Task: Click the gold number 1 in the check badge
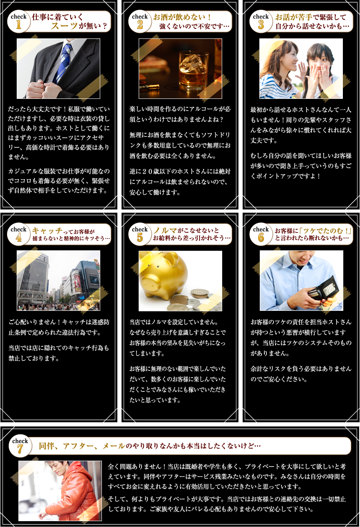click(x=19, y=25)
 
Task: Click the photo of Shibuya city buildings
click(x=58, y=280)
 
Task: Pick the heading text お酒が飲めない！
click(x=182, y=17)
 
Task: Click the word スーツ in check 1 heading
click(x=64, y=25)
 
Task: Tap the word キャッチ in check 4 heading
click(x=47, y=231)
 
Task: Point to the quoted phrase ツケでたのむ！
click(x=325, y=231)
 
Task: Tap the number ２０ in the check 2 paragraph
click(x=147, y=171)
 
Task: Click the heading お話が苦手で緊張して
click(x=311, y=17)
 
